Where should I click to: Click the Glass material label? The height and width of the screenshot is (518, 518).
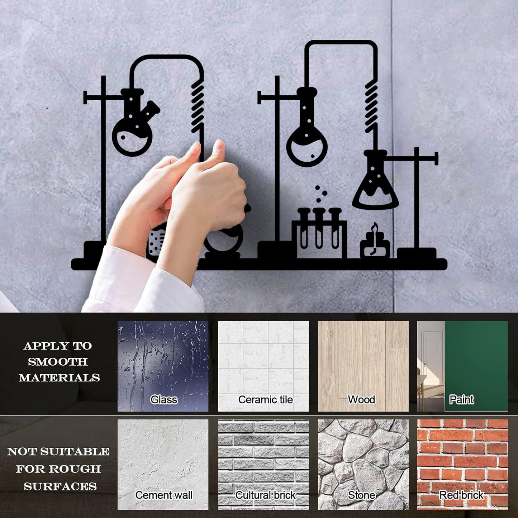coord(163,399)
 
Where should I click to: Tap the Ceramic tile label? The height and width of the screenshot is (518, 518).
coord(265,399)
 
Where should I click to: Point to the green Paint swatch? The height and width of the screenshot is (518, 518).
coord(476,358)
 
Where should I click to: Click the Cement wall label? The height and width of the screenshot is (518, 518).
coord(164,495)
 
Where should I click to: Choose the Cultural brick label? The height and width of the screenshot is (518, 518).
coord(265,495)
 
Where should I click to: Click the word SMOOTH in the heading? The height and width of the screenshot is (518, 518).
coord(58,362)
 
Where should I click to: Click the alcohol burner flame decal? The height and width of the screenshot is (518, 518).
coord(375,228)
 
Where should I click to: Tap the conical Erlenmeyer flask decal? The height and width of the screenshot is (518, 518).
coord(375,183)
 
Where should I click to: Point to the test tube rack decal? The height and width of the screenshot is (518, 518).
coord(319,233)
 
